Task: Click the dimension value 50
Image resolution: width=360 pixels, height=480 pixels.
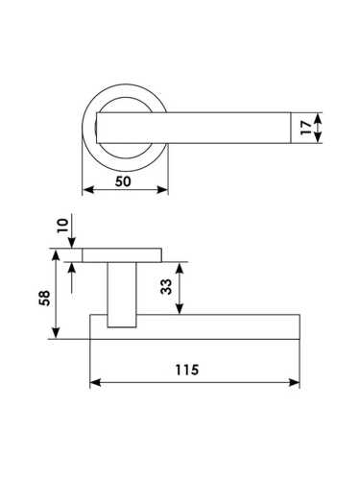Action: (x=123, y=181)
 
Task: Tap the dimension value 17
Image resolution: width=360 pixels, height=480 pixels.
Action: (x=306, y=128)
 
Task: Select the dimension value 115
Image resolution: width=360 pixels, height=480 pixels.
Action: (x=187, y=370)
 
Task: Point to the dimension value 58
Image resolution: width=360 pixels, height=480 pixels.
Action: (x=44, y=298)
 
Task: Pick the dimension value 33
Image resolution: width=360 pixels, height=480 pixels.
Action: (x=166, y=286)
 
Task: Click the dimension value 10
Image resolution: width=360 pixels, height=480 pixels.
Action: (x=63, y=226)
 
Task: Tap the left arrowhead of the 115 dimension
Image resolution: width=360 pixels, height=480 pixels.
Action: (x=95, y=382)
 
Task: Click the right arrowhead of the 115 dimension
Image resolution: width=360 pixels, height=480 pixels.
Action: (x=294, y=382)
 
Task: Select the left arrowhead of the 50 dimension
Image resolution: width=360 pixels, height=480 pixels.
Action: (x=88, y=190)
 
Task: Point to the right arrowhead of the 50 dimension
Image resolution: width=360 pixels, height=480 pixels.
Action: (x=162, y=190)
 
